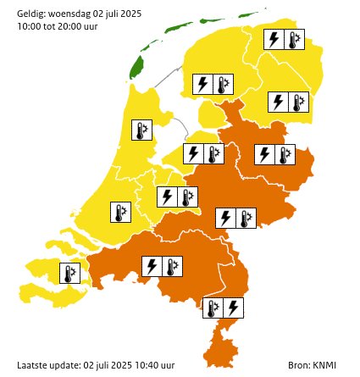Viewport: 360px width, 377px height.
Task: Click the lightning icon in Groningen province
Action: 274,40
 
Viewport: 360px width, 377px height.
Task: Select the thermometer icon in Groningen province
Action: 294,40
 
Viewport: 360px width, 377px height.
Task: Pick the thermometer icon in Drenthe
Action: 299,103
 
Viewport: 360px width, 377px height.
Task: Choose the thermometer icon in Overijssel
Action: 285,154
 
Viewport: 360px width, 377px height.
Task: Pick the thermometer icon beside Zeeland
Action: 70,274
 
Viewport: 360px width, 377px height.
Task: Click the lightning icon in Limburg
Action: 234,306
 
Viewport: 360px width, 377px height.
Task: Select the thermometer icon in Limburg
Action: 214,306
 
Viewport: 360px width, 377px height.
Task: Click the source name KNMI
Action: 326,364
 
